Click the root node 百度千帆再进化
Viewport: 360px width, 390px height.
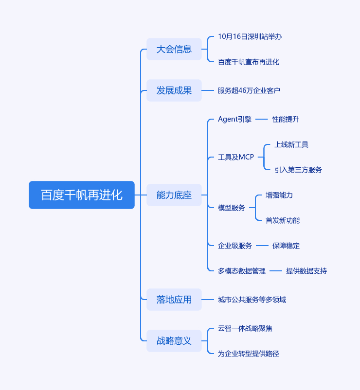click(x=82, y=195)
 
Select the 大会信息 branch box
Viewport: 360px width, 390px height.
click(x=174, y=49)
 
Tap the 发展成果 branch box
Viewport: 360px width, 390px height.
click(x=174, y=90)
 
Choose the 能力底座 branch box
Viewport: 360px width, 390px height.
click(x=174, y=195)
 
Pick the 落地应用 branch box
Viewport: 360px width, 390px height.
click(x=174, y=300)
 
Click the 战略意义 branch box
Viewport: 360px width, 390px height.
click(x=174, y=341)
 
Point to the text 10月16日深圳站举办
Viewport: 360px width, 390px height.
click(x=250, y=36)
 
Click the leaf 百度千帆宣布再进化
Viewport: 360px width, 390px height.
click(x=249, y=62)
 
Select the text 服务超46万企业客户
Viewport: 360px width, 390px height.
click(x=249, y=90)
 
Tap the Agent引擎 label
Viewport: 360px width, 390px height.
click(x=235, y=119)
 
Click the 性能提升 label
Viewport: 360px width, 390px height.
click(x=286, y=119)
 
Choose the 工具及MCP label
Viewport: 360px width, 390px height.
click(x=236, y=157)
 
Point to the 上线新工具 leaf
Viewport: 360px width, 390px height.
click(x=291, y=144)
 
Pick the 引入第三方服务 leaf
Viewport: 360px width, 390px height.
click(x=298, y=170)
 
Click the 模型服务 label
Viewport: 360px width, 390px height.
click(x=232, y=208)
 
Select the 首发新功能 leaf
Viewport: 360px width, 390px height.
click(x=283, y=220)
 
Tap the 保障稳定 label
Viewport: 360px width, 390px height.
click(x=286, y=246)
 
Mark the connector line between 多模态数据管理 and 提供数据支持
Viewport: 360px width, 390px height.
click(x=276, y=271)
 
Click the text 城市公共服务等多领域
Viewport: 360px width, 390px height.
click(x=252, y=300)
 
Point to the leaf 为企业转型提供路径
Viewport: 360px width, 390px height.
click(x=249, y=354)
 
